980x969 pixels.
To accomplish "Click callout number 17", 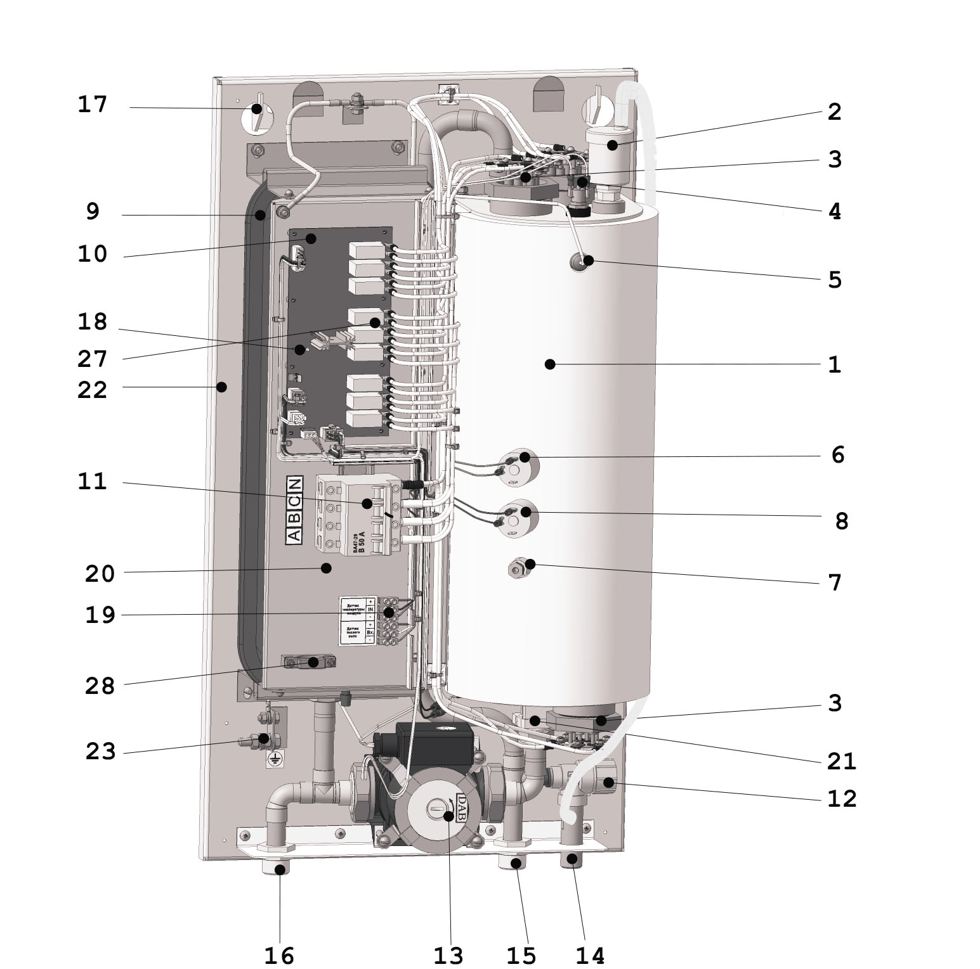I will click(93, 105).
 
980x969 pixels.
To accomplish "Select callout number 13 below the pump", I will click(449, 954).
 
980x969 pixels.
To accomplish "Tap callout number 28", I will click(100, 686).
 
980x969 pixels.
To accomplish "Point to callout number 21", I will click(842, 761).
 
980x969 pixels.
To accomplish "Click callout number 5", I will click(835, 279).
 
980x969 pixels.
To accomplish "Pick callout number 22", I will click(93, 390).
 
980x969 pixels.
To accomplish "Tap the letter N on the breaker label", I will click(294, 485).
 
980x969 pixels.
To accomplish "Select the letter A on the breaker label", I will click(294, 536).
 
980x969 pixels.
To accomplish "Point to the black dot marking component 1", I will click(550, 364).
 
